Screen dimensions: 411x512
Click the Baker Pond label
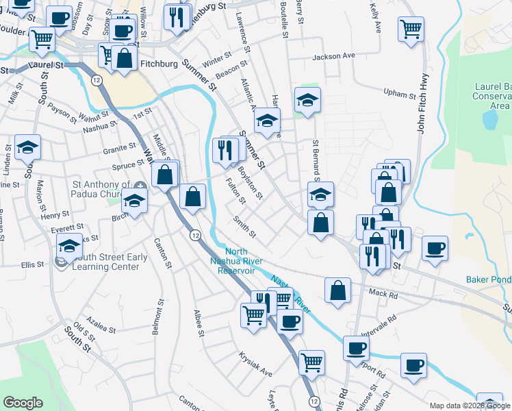tap(489, 279)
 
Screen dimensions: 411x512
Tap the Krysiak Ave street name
tap(255, 364)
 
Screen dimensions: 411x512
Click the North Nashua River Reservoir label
tap(231, 261)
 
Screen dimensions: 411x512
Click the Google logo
tap(23, 403)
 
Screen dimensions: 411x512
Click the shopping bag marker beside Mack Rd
tap(338, 290)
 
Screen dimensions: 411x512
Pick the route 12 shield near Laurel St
tap(97, 80)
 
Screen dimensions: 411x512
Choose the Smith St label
tap(244, 228)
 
